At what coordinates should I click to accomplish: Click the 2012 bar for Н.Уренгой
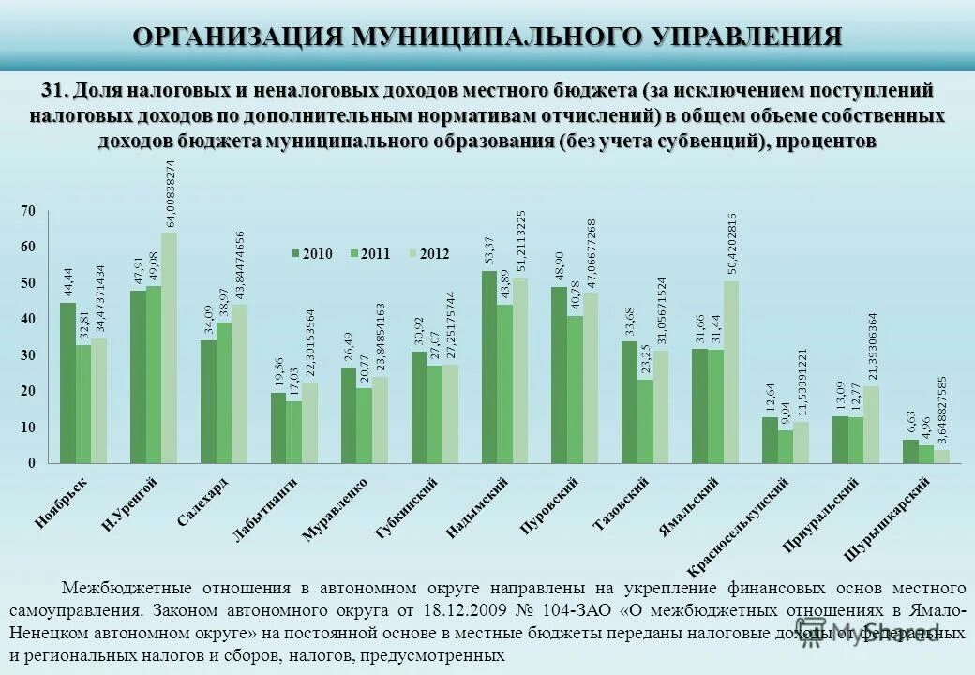point(169,348)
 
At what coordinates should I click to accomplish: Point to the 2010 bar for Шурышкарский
point(910,451)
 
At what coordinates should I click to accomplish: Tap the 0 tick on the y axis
point(30,463)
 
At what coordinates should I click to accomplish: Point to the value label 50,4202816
point(732,245)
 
